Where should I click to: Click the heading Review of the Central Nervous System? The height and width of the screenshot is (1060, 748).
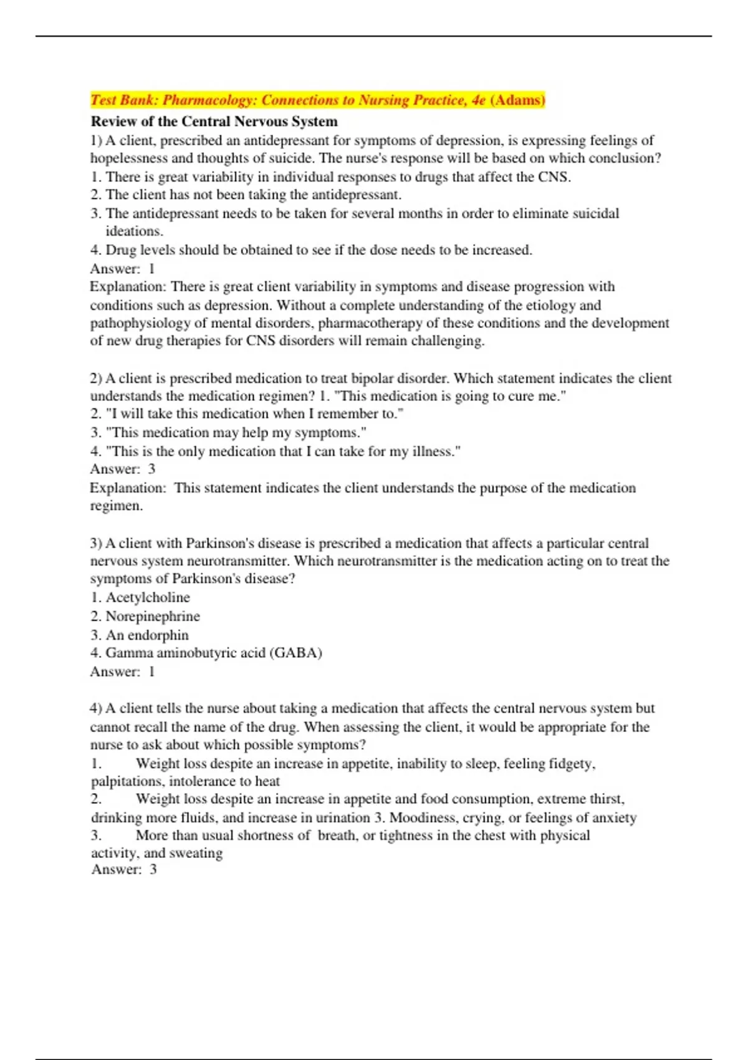click(x=214, y=121)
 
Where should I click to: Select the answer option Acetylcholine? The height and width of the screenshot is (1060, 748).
click(x=148, y=597)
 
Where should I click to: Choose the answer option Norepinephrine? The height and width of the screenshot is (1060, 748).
click(x=153, y=616)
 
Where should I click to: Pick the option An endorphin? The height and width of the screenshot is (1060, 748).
click(x=147, y=635)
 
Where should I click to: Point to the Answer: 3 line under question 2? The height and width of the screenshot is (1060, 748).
click(x=123, y=469)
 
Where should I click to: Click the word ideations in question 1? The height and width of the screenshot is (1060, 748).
click(x=134, y=231)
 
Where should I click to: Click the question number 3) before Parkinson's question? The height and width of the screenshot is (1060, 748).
click(x=96, y=543)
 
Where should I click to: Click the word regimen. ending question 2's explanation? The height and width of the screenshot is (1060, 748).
click(x=117, y=506)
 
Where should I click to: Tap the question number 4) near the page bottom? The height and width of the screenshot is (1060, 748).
click(x=96, y=708)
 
